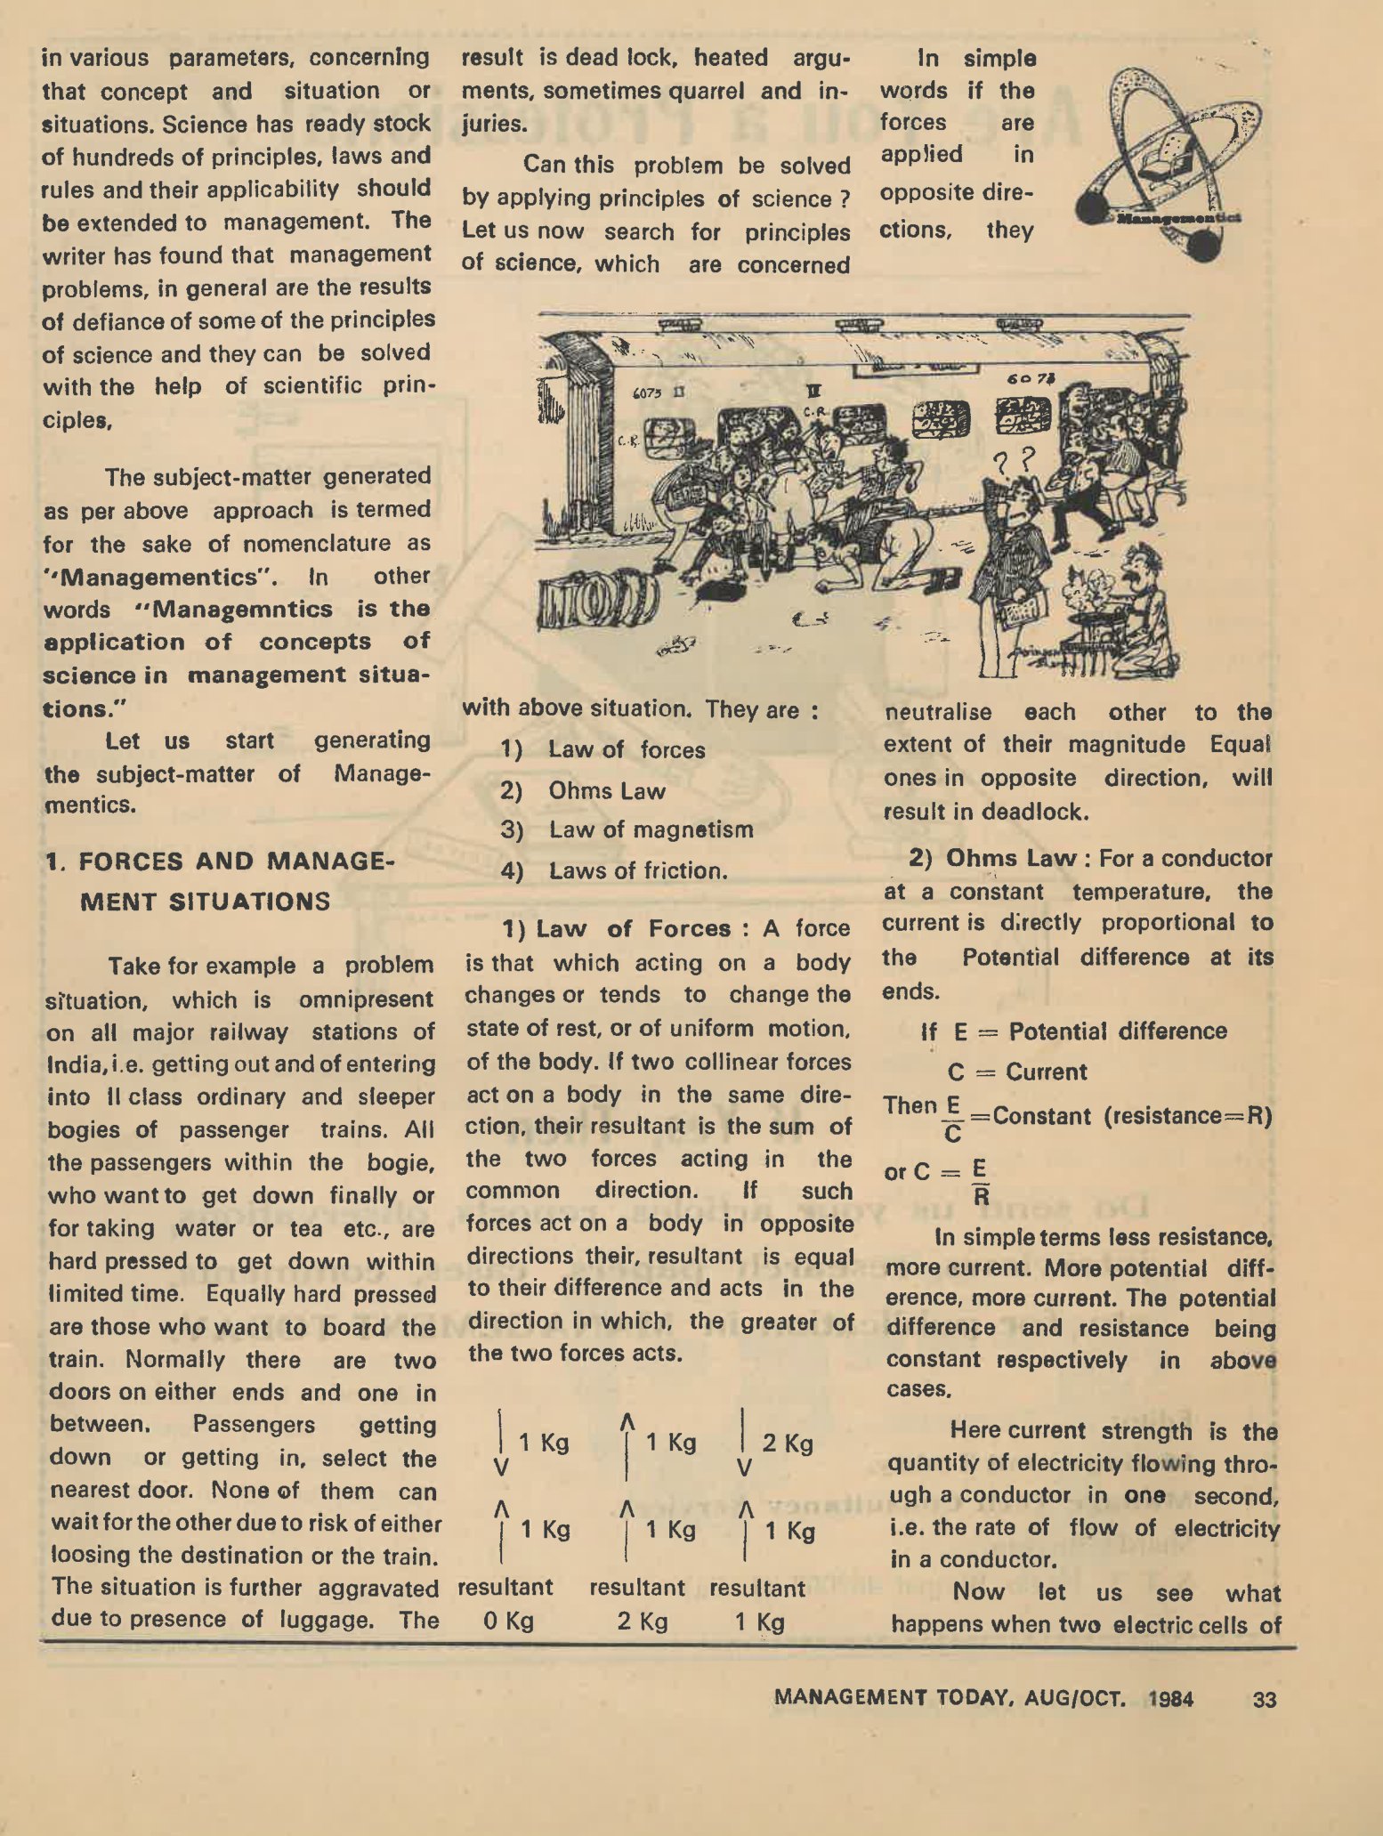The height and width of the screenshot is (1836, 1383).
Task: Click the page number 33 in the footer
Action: pyautogui.click(x=1264, y=1699)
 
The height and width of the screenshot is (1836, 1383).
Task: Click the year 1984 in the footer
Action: pyautogui.click(x=1170, y=1698)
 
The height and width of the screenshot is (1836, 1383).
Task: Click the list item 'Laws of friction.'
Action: pyautogui.click(x=638, y=869)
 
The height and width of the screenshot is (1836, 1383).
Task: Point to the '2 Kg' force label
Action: pyautogui.click(x=788, y=1443)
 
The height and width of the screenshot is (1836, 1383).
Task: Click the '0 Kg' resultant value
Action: pyautogui.click(x=508, y=1621)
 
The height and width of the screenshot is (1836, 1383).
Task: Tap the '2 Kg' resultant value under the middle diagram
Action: pyautogui.click(x=643, y=1621)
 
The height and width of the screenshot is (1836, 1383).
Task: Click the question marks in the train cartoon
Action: pyautogui.click(x=1015, y=460)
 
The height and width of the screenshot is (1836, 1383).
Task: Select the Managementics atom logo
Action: pyautogui.click(x=1166, y=160)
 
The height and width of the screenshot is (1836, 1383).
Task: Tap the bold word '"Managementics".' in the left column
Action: pyautogui.click(x=161, y=577)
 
